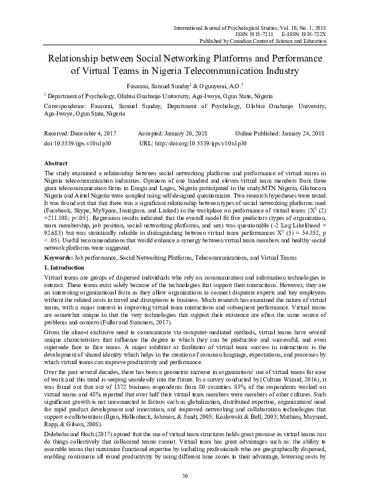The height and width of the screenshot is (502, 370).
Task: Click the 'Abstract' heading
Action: (57, 161)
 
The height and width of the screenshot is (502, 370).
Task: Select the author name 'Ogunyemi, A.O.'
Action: (218, 85)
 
